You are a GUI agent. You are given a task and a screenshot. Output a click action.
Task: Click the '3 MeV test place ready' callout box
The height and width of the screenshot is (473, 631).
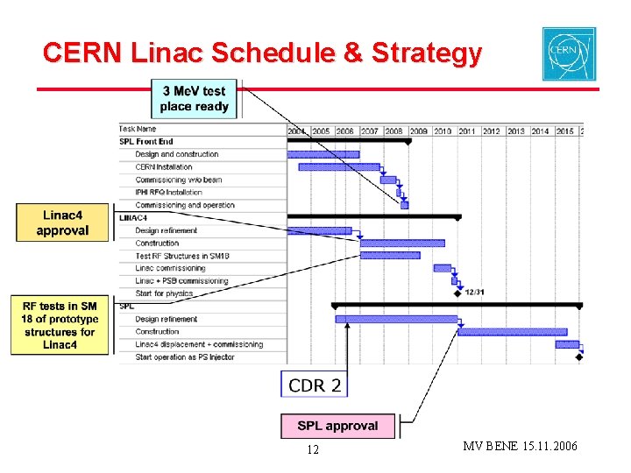click(x=194, y=99)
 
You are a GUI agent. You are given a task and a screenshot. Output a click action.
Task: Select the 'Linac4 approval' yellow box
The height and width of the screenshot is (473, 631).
click(x=62, y=222)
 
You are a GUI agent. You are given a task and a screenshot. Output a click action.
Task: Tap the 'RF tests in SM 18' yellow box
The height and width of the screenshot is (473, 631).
click(x=60, y=325)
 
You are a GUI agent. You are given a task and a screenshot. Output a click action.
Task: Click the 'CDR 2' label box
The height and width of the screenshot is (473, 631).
click(x=314, y=385)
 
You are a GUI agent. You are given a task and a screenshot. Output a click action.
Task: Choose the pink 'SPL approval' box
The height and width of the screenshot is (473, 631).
click(x=337, y=426)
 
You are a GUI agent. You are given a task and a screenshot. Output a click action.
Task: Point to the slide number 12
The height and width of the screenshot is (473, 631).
click(x=313, y=449)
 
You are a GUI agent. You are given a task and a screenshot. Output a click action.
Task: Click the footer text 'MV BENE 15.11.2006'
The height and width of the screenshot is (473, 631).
click(x=520, y=447)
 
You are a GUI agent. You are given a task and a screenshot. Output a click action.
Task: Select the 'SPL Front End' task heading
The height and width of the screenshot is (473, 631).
click(x=147, y=142)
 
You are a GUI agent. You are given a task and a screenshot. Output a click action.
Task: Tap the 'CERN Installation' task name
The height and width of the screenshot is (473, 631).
click(x=164, y=166)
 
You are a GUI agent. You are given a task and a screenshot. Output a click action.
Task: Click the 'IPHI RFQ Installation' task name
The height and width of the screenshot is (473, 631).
click(x=168, y=192)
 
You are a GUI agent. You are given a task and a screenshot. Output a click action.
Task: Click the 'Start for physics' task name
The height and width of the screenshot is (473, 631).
click(x=164, y=293)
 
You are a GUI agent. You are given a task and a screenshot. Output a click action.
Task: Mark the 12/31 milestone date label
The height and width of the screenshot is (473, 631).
click(x=474, y=293)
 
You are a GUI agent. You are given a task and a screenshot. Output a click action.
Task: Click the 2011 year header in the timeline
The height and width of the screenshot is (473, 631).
click(x=466, y=131)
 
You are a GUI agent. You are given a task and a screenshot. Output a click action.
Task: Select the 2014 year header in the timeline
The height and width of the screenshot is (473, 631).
click(x=540, y=131)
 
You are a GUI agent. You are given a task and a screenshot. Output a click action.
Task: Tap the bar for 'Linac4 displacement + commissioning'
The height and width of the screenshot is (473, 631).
click(x=566, y=344)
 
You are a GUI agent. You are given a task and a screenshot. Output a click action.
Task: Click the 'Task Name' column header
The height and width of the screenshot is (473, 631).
click(x=138, y=129)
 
